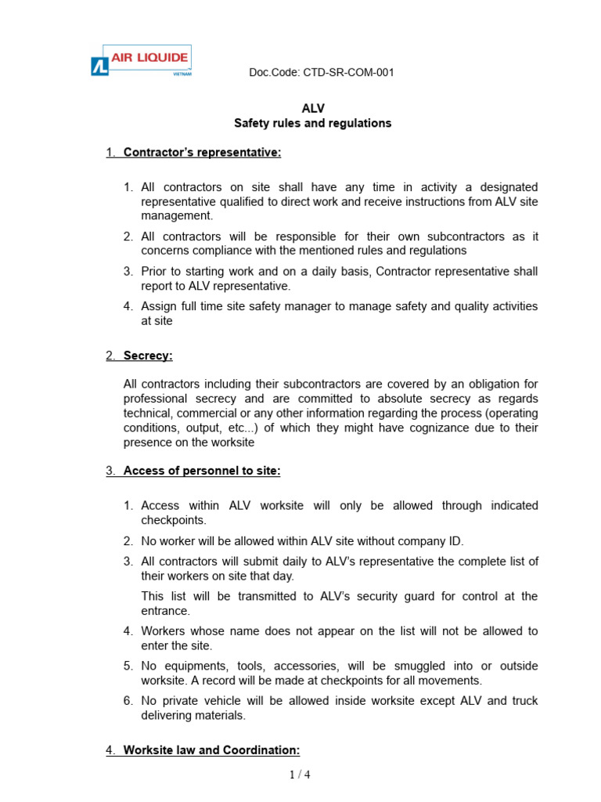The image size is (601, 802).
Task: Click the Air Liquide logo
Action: click(x=140, y=61)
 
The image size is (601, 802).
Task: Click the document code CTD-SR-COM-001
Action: click(x=321, y=73)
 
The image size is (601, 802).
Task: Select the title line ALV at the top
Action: click(x=313, y=109)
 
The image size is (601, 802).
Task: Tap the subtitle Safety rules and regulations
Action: click(x=313, y=124)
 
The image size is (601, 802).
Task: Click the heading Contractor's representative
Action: click(x=202, y=153)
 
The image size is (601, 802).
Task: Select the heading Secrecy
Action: click(x=148, y=356)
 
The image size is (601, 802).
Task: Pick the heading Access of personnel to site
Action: click(x=202, y=471)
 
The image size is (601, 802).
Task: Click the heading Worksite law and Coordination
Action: click(x=211, y=750)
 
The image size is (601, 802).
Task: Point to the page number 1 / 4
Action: click(x=300, y=775)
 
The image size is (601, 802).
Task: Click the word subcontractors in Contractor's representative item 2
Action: click(x=477, y=237)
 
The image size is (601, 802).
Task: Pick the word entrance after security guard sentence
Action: click(x=165, y=611)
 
